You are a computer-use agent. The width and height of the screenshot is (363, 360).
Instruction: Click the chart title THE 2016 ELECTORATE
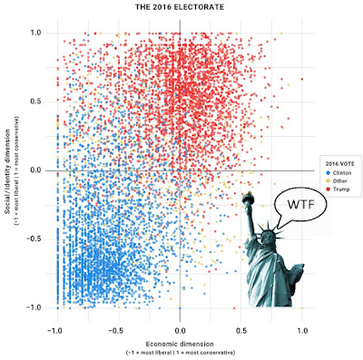180,7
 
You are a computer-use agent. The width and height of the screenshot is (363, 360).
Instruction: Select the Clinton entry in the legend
338,173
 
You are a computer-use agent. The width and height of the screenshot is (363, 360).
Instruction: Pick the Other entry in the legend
337,181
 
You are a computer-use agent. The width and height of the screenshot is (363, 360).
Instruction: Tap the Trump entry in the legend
338,190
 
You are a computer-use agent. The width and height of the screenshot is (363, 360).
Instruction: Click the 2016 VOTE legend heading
340,164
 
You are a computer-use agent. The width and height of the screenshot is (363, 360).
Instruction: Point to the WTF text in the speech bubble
301,205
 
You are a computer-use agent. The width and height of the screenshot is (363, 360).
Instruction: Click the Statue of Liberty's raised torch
249,198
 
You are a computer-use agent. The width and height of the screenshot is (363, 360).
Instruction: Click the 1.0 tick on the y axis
36,33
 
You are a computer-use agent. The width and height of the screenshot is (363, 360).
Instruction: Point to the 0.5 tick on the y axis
36,102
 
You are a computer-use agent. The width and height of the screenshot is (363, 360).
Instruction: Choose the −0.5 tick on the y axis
34,239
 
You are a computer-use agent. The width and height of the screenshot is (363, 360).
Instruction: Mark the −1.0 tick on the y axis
34,307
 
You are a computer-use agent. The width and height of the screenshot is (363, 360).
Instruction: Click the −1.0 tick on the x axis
55,331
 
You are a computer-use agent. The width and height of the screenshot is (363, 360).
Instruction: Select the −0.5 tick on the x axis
117,331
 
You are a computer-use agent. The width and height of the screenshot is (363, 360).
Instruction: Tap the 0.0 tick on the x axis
180,331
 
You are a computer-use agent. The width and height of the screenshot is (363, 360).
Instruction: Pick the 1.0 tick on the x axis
302,331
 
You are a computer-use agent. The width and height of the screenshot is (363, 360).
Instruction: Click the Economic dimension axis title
180,344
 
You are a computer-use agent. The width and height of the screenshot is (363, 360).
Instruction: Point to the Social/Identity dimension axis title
7,172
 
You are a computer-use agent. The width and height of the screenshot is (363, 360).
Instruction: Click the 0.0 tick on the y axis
36,170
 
